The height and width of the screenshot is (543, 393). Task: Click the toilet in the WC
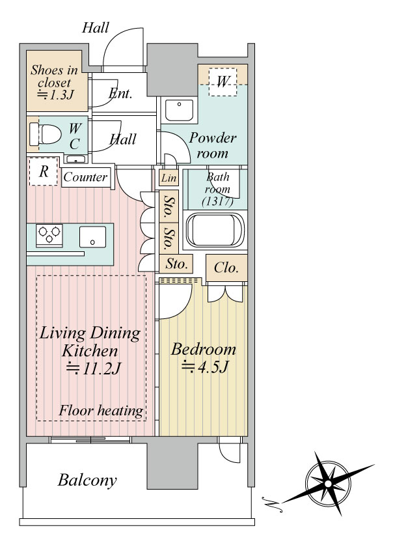(46, 134)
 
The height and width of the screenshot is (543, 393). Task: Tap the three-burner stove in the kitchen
(49, 235)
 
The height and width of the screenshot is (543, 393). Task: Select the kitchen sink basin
(92, 237)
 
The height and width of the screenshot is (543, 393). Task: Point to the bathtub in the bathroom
(215, 230)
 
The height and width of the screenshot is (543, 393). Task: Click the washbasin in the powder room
(179, 110)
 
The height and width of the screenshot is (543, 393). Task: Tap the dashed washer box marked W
(223, 82)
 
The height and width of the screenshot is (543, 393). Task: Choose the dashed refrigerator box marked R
(43, 171)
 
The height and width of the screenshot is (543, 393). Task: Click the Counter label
(85, 177)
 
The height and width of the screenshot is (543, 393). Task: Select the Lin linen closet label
(169, 178)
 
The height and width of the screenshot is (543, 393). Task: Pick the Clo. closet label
(226, 268)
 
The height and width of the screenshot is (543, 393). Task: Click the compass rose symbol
(329, 484)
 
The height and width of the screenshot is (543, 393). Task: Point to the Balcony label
(87, 480)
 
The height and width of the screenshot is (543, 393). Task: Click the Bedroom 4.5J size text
(205, 367)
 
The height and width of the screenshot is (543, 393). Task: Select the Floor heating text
(101, 411)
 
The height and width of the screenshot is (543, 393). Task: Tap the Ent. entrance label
(120, 93)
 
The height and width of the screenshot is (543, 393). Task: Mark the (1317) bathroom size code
(217, 201)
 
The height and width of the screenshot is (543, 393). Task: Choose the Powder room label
(212, 145)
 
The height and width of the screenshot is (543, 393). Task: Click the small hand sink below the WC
(75, 160)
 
